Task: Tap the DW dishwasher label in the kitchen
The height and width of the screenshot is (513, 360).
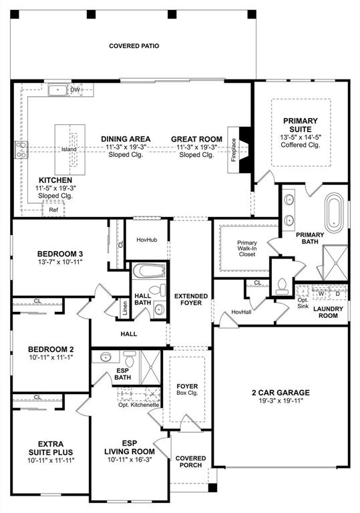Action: [75, 89]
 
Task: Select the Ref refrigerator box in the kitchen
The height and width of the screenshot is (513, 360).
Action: [53, 209]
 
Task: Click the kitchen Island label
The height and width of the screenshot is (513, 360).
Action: [69, 149]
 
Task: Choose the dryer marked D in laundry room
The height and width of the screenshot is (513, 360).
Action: [337, 293]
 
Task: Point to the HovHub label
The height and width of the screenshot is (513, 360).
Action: [146, 239]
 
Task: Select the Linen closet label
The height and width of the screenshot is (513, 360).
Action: [125, 308]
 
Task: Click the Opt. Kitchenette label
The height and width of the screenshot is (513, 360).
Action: [138, 405]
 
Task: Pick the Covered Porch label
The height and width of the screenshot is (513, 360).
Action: [190, 462]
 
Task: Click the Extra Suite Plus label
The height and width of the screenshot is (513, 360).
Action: [51, 448]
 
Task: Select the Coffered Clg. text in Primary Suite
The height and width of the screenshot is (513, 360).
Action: [301, 145]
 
